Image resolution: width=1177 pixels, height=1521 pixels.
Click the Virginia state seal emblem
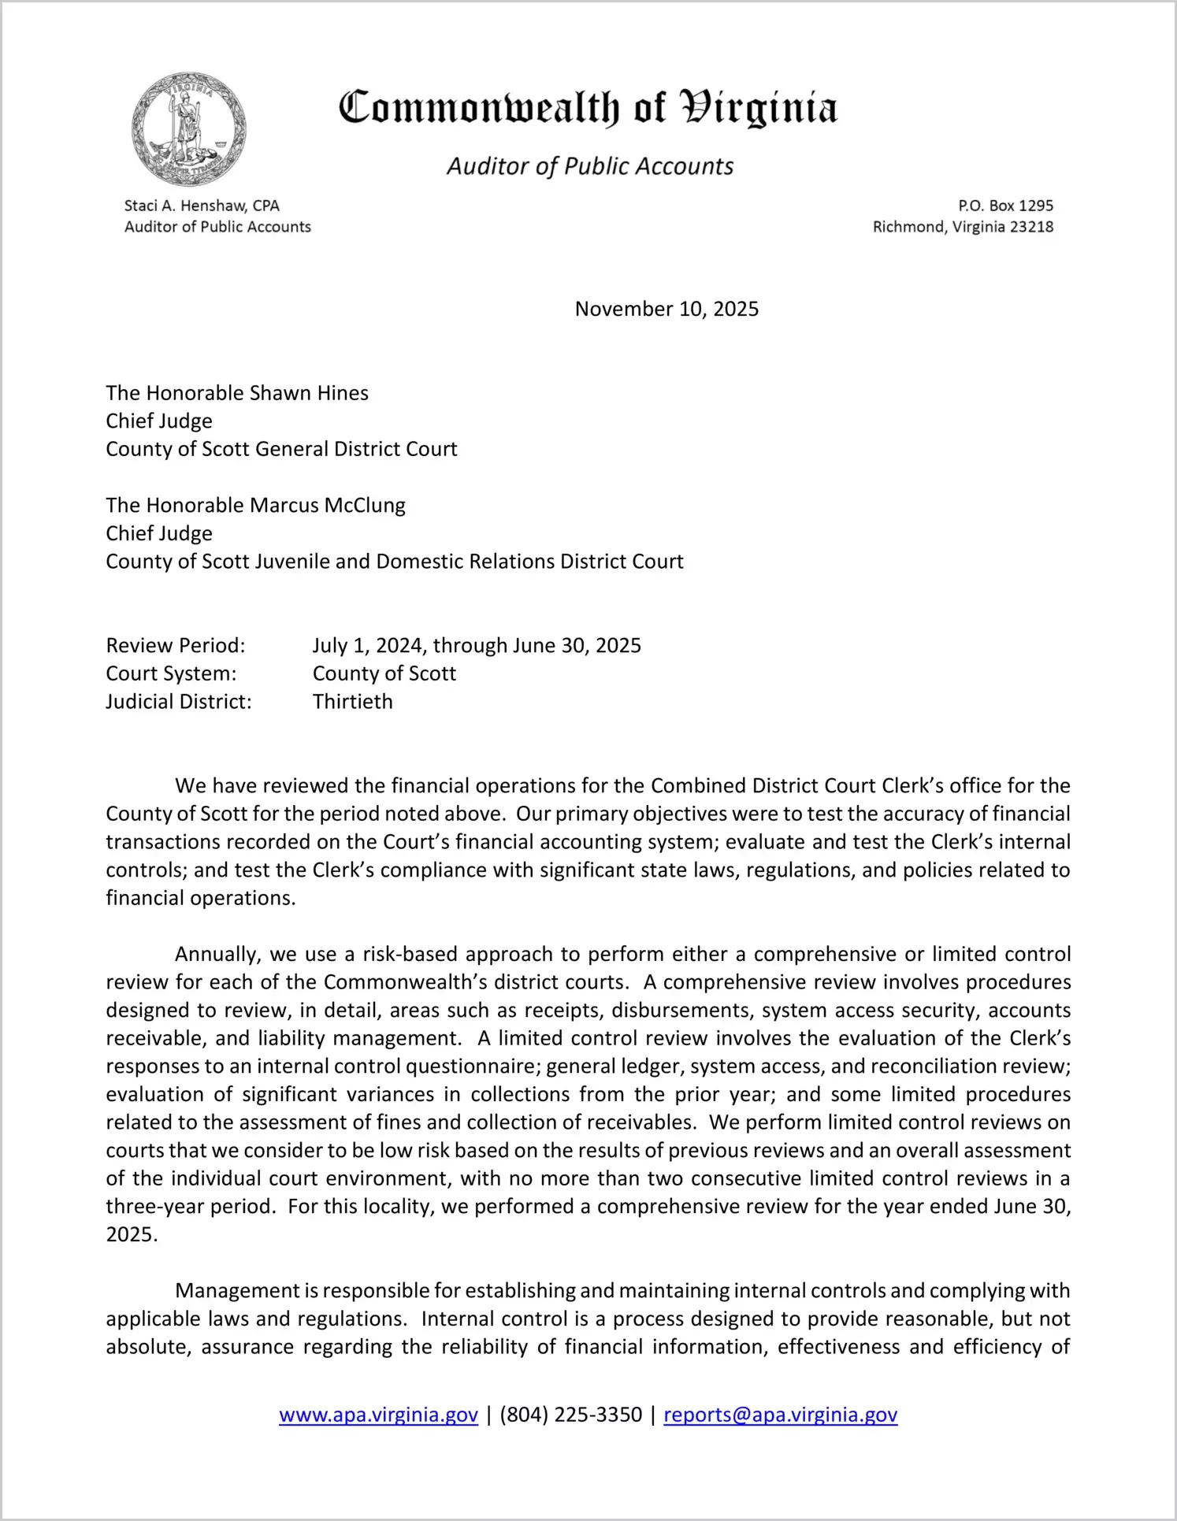189,129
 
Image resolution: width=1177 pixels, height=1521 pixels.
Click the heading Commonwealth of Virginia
588,108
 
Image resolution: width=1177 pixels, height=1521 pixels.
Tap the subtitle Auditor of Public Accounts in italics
590,166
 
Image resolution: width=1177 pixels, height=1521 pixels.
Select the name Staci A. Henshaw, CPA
202,206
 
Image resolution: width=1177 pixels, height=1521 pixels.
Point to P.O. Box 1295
1005,206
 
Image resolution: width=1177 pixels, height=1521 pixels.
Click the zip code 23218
1031,227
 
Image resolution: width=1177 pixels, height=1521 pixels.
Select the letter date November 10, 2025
666,309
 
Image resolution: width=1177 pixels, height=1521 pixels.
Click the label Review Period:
176,646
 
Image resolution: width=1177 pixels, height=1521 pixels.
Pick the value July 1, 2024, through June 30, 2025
477,646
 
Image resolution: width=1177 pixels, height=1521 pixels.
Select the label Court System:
171,673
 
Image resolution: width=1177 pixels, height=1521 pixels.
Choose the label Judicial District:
179,702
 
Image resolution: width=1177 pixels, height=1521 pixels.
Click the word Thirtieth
352,702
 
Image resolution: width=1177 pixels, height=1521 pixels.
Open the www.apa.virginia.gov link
378,1415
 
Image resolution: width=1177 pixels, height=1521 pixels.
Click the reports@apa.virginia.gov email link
780,1415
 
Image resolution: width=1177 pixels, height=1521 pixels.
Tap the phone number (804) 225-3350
570,1415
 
